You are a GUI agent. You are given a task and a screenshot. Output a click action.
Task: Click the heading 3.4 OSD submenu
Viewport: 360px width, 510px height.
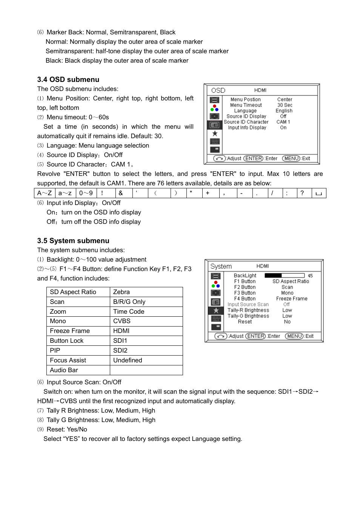coord(68,80)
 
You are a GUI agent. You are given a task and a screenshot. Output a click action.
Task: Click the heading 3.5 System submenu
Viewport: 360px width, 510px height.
coord(73,241)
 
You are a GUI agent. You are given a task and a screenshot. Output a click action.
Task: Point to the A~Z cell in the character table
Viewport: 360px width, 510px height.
coord(45,193)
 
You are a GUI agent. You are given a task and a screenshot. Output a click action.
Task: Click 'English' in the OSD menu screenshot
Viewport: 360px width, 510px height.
coord(284,111)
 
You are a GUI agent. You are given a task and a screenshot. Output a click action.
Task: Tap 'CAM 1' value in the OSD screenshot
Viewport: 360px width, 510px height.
coord(283,122)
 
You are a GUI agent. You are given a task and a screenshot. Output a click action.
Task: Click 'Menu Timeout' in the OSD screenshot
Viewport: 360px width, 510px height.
coord(246,105)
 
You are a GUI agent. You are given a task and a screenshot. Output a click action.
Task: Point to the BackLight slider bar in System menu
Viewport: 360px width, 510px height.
coord(285,276)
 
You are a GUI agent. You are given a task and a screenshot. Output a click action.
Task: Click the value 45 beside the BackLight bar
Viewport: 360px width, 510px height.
coord(310,276)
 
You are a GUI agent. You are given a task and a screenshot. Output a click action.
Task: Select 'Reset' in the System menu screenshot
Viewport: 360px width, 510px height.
coord(245,322)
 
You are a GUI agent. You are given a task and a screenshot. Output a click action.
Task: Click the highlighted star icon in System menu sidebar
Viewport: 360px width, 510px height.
coord(216,310)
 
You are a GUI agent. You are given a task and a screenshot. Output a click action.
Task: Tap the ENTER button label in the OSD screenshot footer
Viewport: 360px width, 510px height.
coord(254,159)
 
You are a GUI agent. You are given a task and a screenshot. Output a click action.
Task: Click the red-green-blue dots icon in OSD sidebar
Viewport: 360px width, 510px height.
coord(214,108)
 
